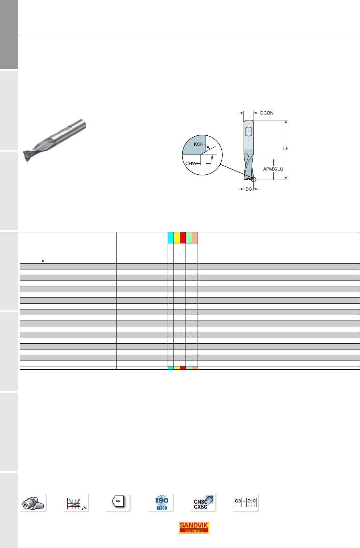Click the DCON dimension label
coord(267,113)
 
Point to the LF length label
coord(285,148)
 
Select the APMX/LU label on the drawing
coord(273,169)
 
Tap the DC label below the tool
coord(249,189)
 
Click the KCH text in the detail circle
coord(199,144)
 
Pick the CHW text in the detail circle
coord(191,163)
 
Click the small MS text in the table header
coord(44,261)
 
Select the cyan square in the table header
coord(171,238)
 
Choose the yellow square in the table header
coord(177,238)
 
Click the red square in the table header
coord(183,238)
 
